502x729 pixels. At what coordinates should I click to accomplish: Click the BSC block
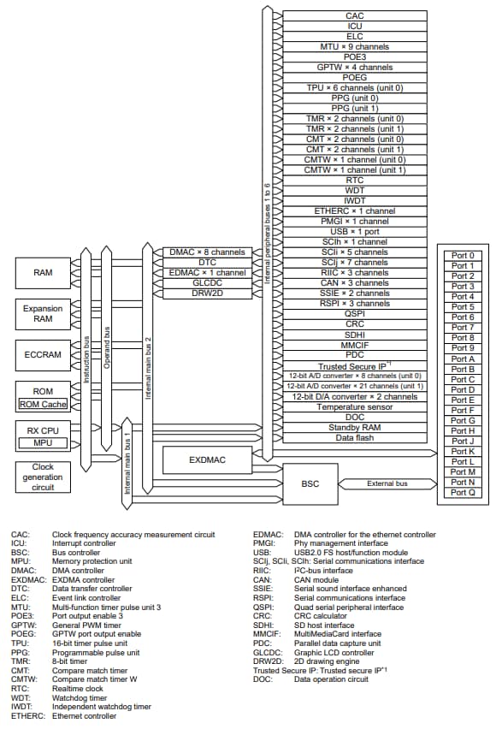(x=310, y=483)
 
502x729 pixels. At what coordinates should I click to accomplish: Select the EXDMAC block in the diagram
(x=207, y=460)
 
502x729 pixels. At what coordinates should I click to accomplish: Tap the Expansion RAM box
(x=43, y=314)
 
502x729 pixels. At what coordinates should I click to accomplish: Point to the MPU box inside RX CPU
(x=43, y=443)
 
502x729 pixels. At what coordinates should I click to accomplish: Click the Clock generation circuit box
(x=43, y=477)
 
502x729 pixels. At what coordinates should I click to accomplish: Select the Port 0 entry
(x=463, y=255)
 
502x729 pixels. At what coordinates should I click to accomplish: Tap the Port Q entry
(x=463, y=493)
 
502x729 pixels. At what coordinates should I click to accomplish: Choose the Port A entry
(x=463, y=359)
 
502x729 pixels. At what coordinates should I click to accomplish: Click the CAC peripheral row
(x=354, y=16)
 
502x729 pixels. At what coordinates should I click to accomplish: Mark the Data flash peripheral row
(x=354, y=437)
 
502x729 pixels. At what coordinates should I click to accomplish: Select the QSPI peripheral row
(x=354, y=314)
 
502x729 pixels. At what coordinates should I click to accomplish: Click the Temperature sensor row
(x=354, y=406)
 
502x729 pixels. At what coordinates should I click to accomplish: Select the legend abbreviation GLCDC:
(x=268, y=650)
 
